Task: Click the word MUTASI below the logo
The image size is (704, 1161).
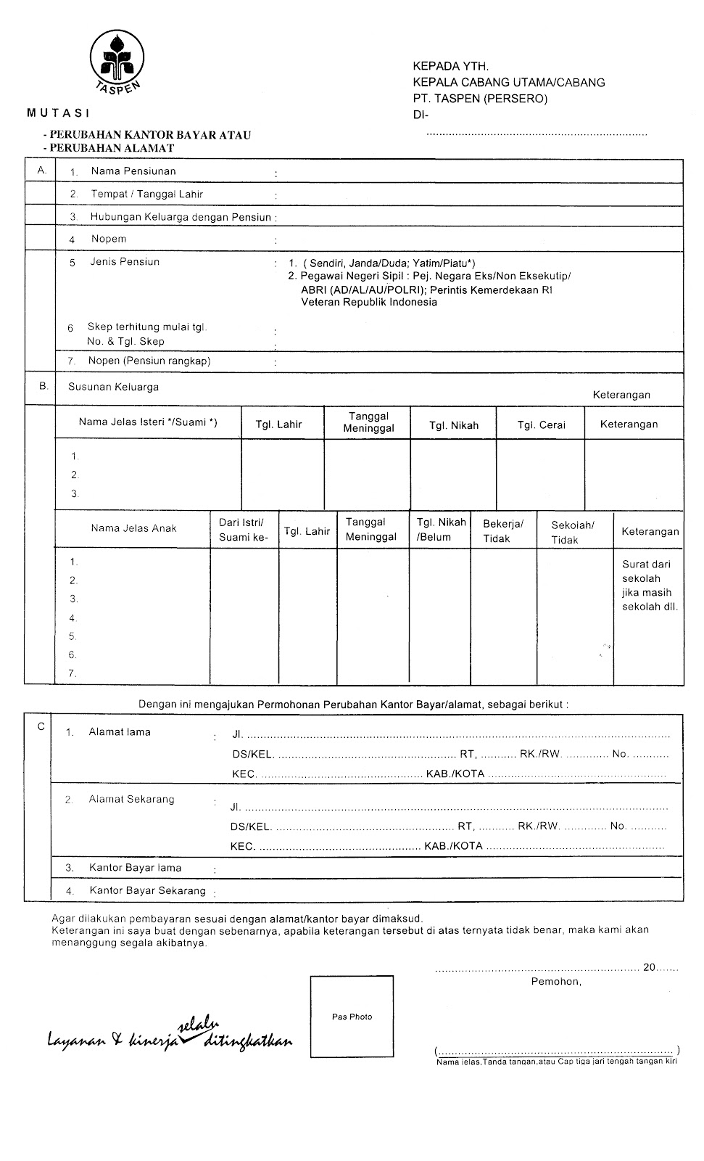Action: pyautogui.click(x=58, y=112)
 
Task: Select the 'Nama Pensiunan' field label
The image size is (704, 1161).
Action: pyautogui.click(x=133, y=171)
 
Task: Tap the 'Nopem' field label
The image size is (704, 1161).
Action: pyautogui.click(x=109, y=239)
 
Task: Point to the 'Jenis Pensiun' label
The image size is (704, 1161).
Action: pyautogui.click(x=125, y=262)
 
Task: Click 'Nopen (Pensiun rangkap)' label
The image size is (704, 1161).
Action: pyautogui.click(x=149, y=361)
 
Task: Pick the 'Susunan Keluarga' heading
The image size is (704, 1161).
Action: pyautogui.click(x=113, y=387)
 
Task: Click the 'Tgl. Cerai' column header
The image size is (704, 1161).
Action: pyautogui.click(x=541, y=425)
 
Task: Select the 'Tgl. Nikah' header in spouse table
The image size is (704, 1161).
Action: pyautogui.click(x=454, y=425)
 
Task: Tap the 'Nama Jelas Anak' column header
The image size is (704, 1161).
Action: pyautogui.click(x=133, y=528)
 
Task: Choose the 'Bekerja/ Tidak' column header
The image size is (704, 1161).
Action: pyautogui.click(x=503, y=530)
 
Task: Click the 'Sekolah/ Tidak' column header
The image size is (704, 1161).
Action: pyautogui.click(x=572, y=532)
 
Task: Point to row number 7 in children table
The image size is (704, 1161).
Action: pyautogui.click(x=73, y=673)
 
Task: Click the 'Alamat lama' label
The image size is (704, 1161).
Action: pyautogui.click(x=120, y=732)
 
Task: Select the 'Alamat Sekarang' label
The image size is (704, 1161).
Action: pyautogui.click(x=131, y=800)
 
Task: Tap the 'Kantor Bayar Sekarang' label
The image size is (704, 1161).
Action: pyautogui.click(x=147, y=890)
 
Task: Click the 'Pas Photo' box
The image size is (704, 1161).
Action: pyautogui.click(x=352, y=1017)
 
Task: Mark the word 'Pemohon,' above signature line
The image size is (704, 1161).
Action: pyautogui.click(x=556, y=982)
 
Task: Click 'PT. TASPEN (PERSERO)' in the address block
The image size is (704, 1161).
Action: pyautogui.click(x=480, y=99)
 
